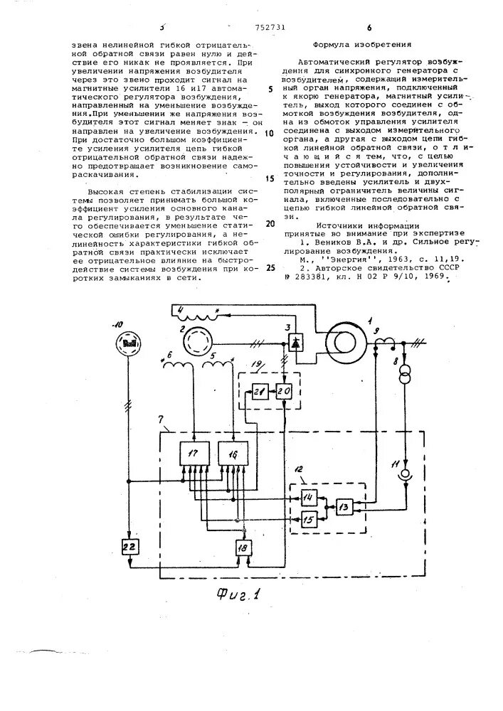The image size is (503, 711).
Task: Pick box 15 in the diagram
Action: (x=309, y=520)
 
